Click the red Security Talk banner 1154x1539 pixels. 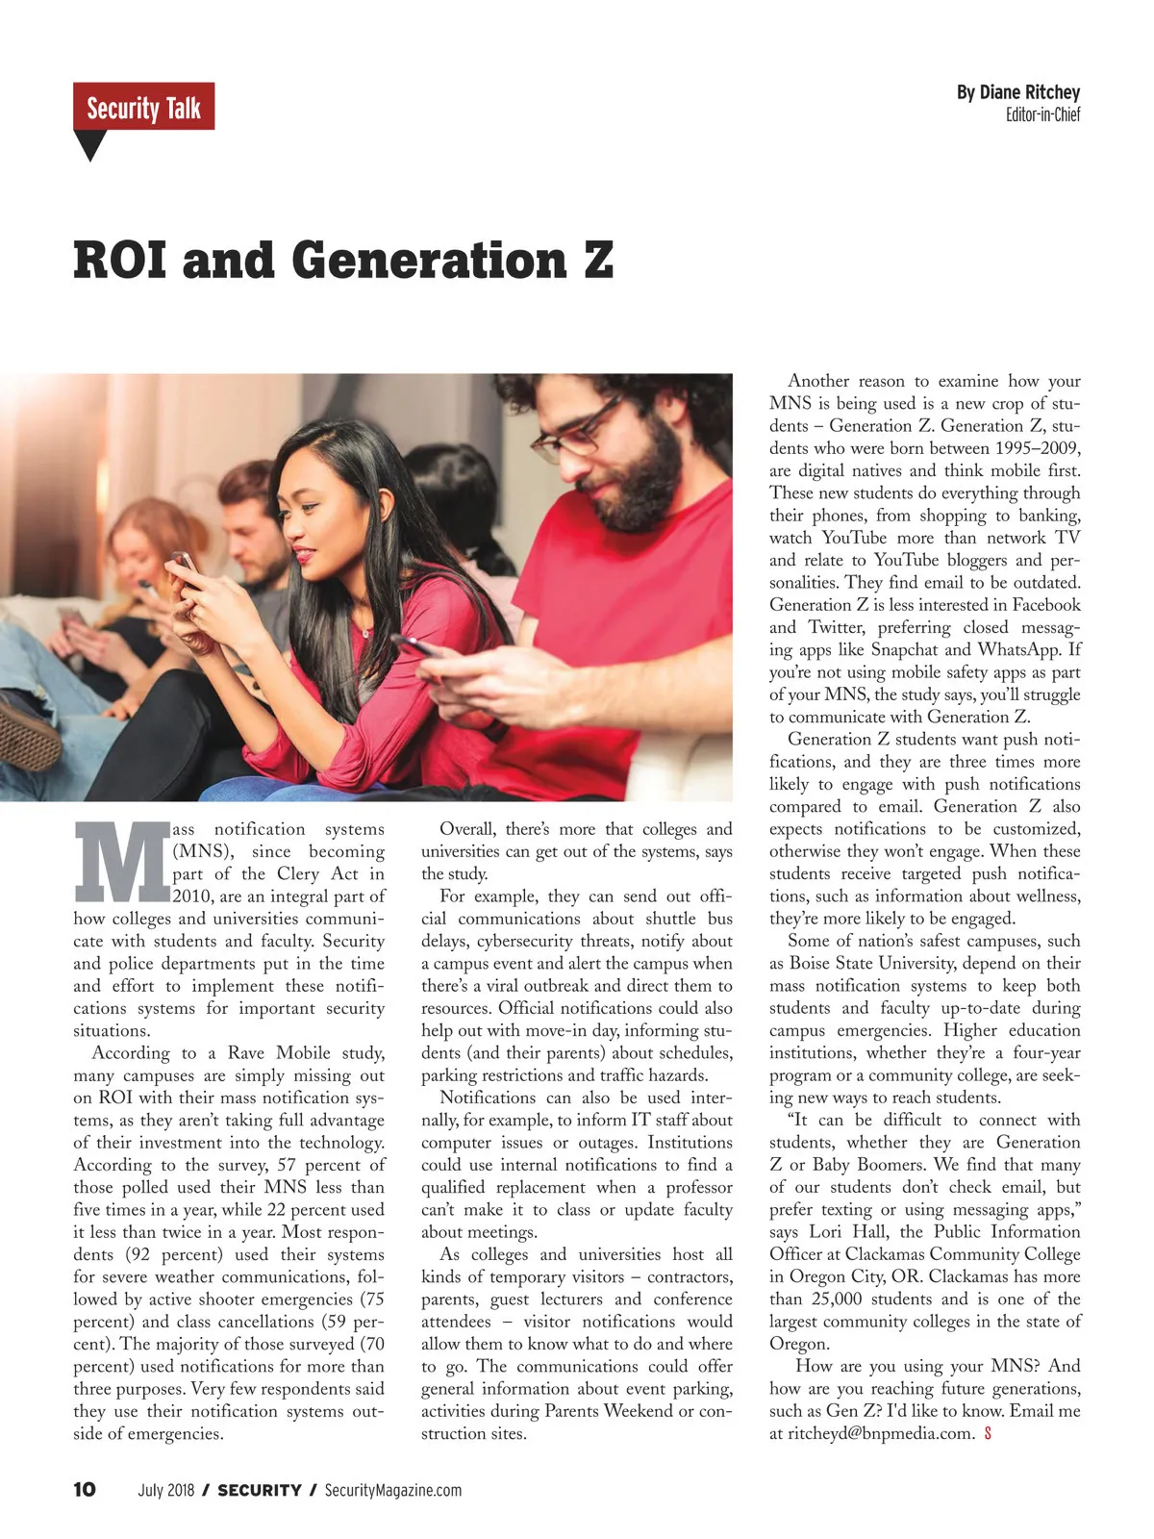coord(143,107)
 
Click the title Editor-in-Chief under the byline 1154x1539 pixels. coord(1042,115)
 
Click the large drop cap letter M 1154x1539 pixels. coord(121,861)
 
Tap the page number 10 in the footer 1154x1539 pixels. coord(85,1490)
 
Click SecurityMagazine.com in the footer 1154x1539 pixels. coord(392,1490)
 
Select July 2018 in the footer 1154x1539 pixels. coord(166,1490)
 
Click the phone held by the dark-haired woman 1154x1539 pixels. coord(184,562)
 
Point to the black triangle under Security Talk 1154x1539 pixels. coord(89,144)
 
